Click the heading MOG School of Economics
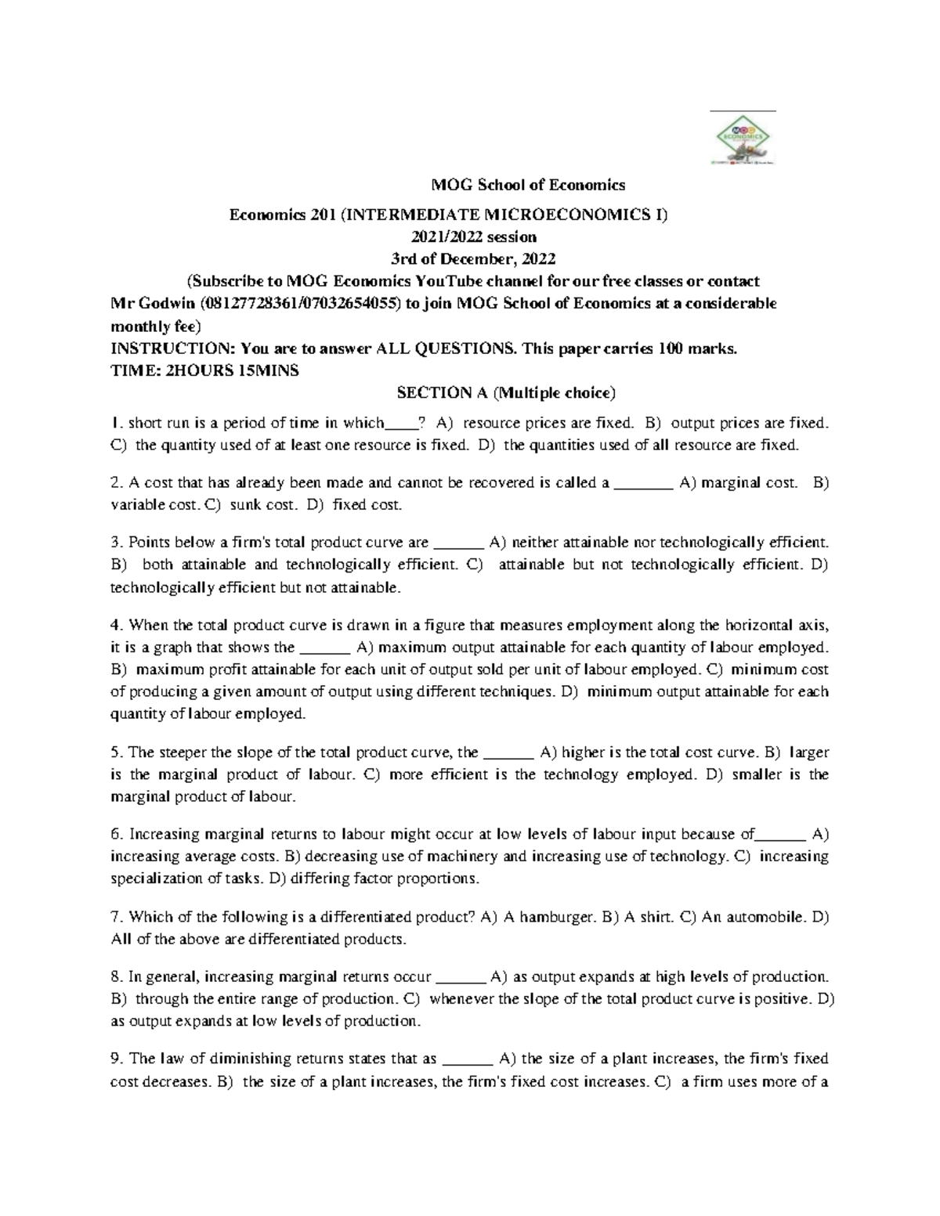pos(529,186)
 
